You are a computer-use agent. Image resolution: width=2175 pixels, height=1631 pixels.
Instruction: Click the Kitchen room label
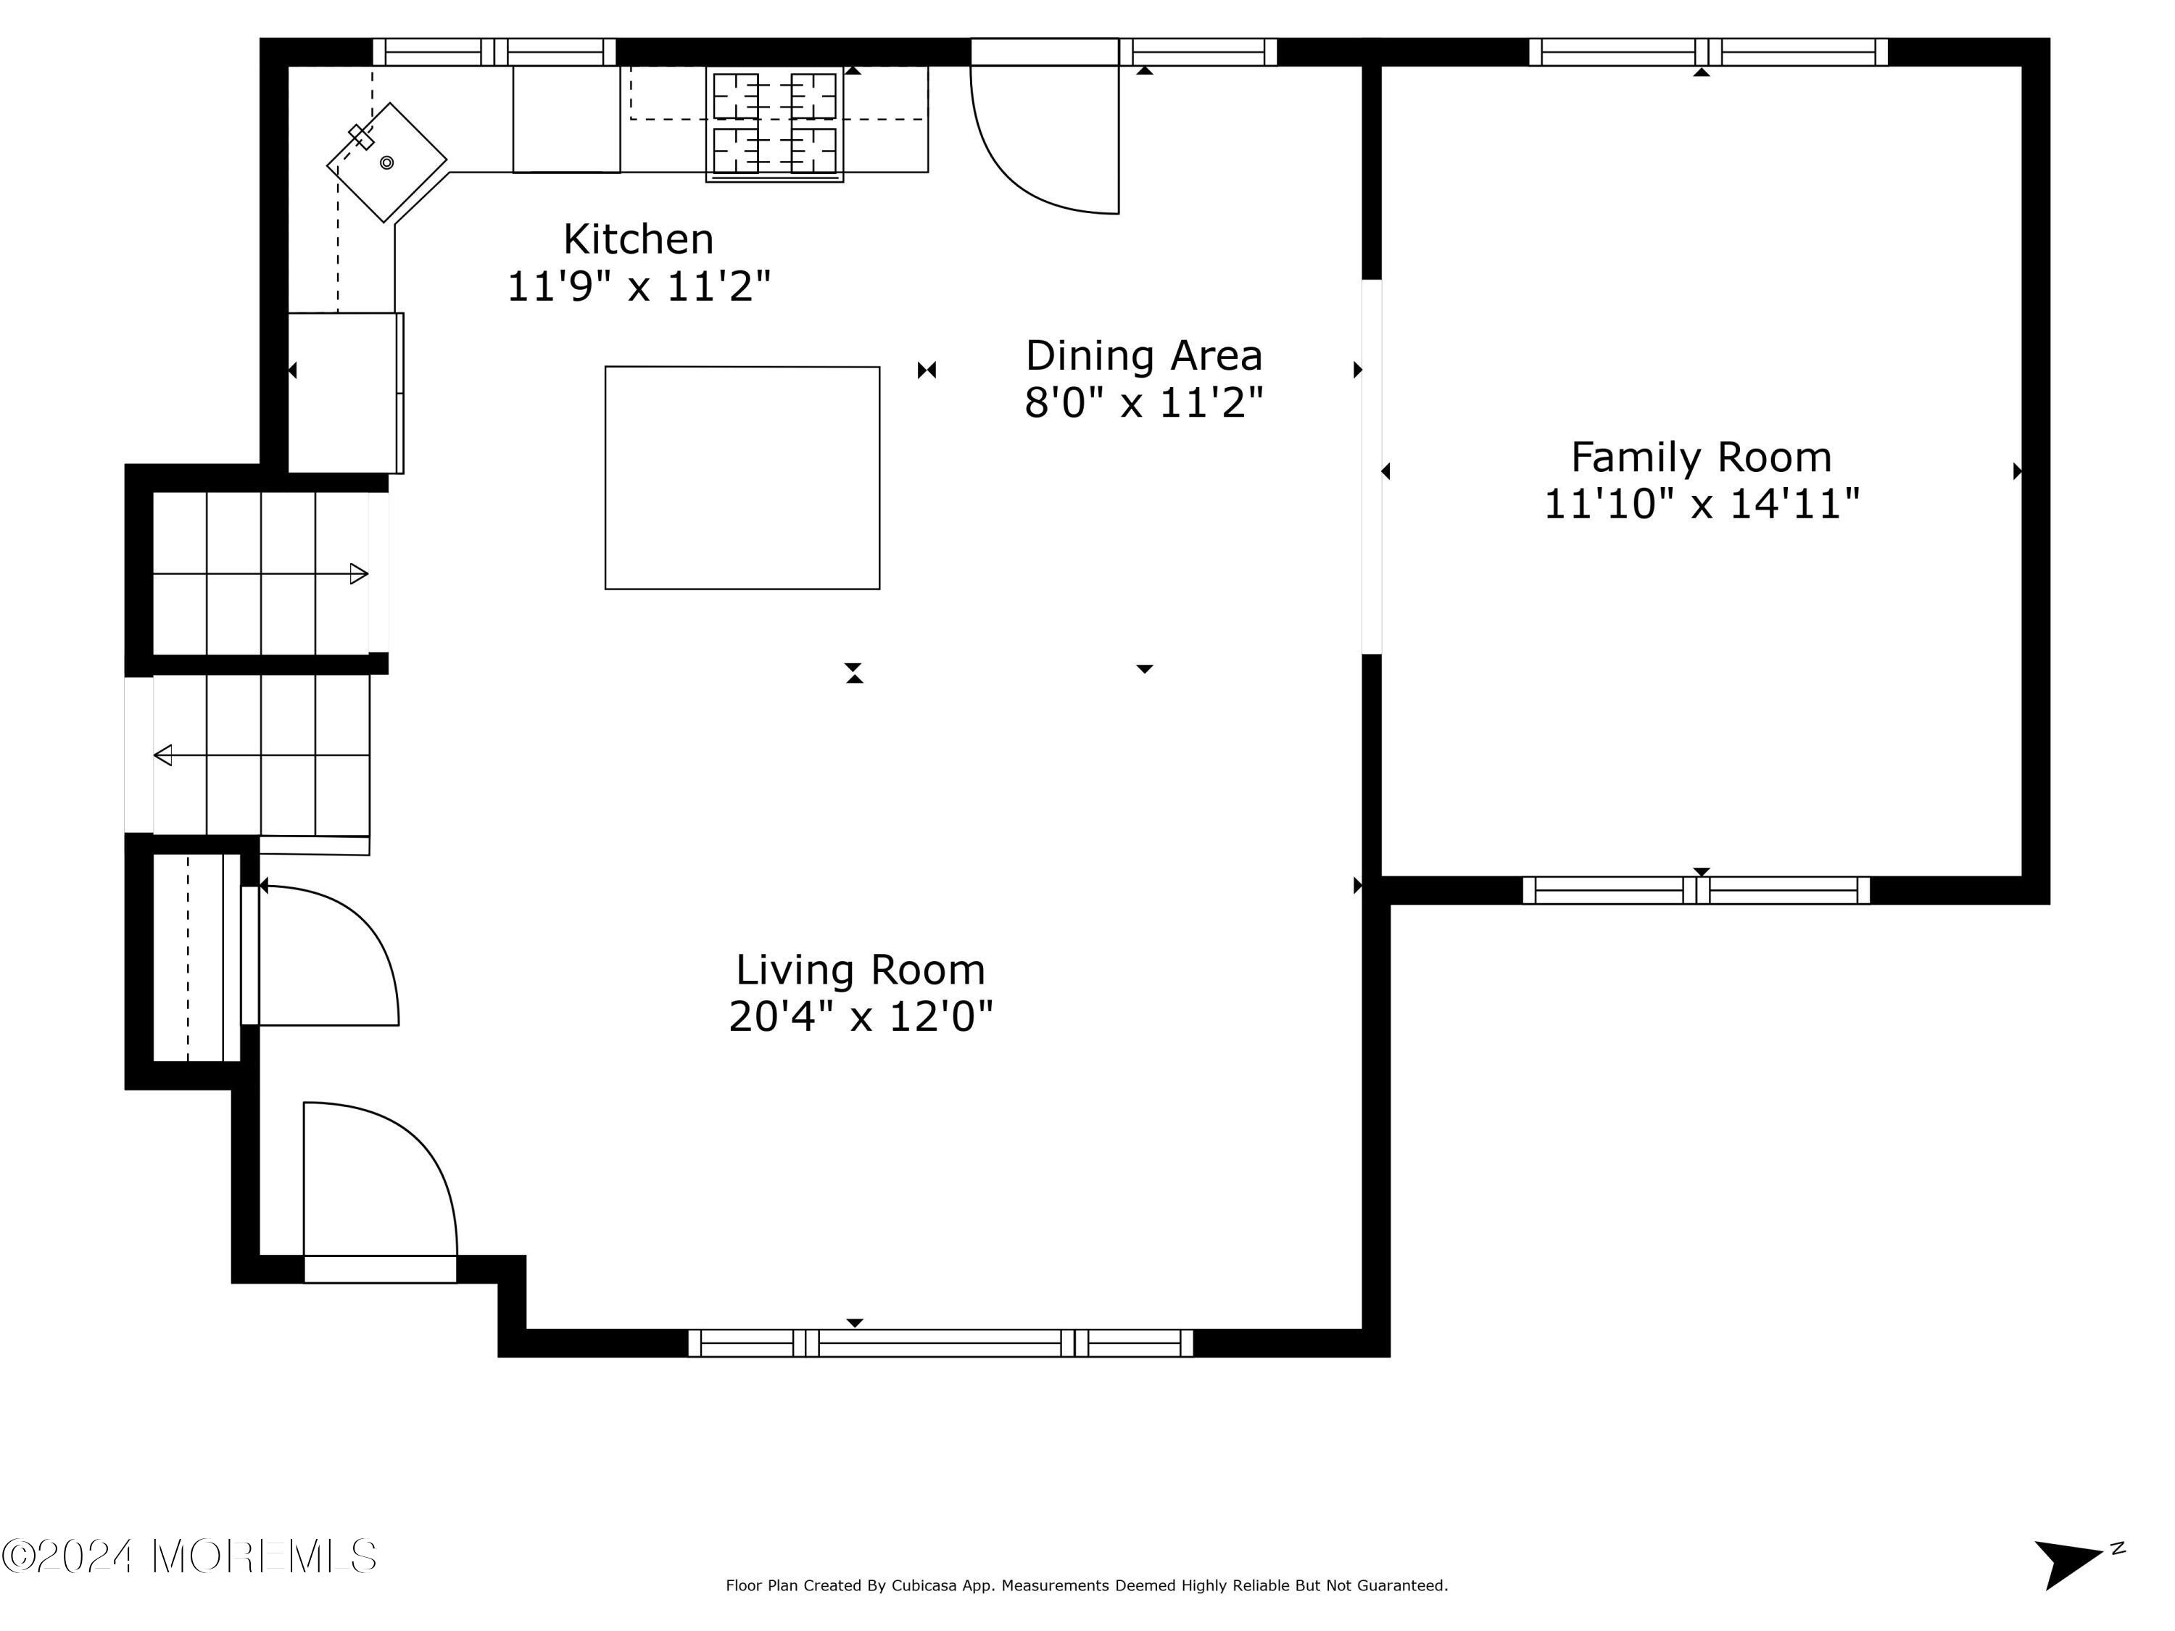pos(637,239)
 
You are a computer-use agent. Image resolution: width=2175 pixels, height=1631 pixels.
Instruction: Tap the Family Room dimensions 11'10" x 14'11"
pos(1701,505)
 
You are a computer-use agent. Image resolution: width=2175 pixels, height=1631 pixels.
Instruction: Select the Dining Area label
pos(1143,355)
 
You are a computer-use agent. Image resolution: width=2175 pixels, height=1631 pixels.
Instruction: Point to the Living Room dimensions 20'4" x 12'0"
pos(861,1016)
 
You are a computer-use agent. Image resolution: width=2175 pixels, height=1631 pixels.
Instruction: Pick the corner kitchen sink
pos(386,162)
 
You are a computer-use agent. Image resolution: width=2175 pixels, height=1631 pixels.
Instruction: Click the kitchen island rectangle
pos(742,478)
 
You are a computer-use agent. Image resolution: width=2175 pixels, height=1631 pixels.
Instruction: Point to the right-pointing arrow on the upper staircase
pos(359,574)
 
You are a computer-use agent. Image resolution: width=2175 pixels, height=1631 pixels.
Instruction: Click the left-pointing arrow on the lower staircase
pos(163,755)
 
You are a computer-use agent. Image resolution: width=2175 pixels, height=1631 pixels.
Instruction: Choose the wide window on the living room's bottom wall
pos(940,1343)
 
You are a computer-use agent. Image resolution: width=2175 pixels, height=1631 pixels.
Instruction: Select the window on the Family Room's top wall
pos(1708,52)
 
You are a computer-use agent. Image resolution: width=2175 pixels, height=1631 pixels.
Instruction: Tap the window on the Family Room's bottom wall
pos(1696,889)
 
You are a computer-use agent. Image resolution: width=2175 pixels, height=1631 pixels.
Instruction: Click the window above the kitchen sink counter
pos(494,52)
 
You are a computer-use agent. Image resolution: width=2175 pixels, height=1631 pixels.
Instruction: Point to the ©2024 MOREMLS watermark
pos(188,1556)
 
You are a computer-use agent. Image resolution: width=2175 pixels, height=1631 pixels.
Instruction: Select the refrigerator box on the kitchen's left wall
pos(344,392)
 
